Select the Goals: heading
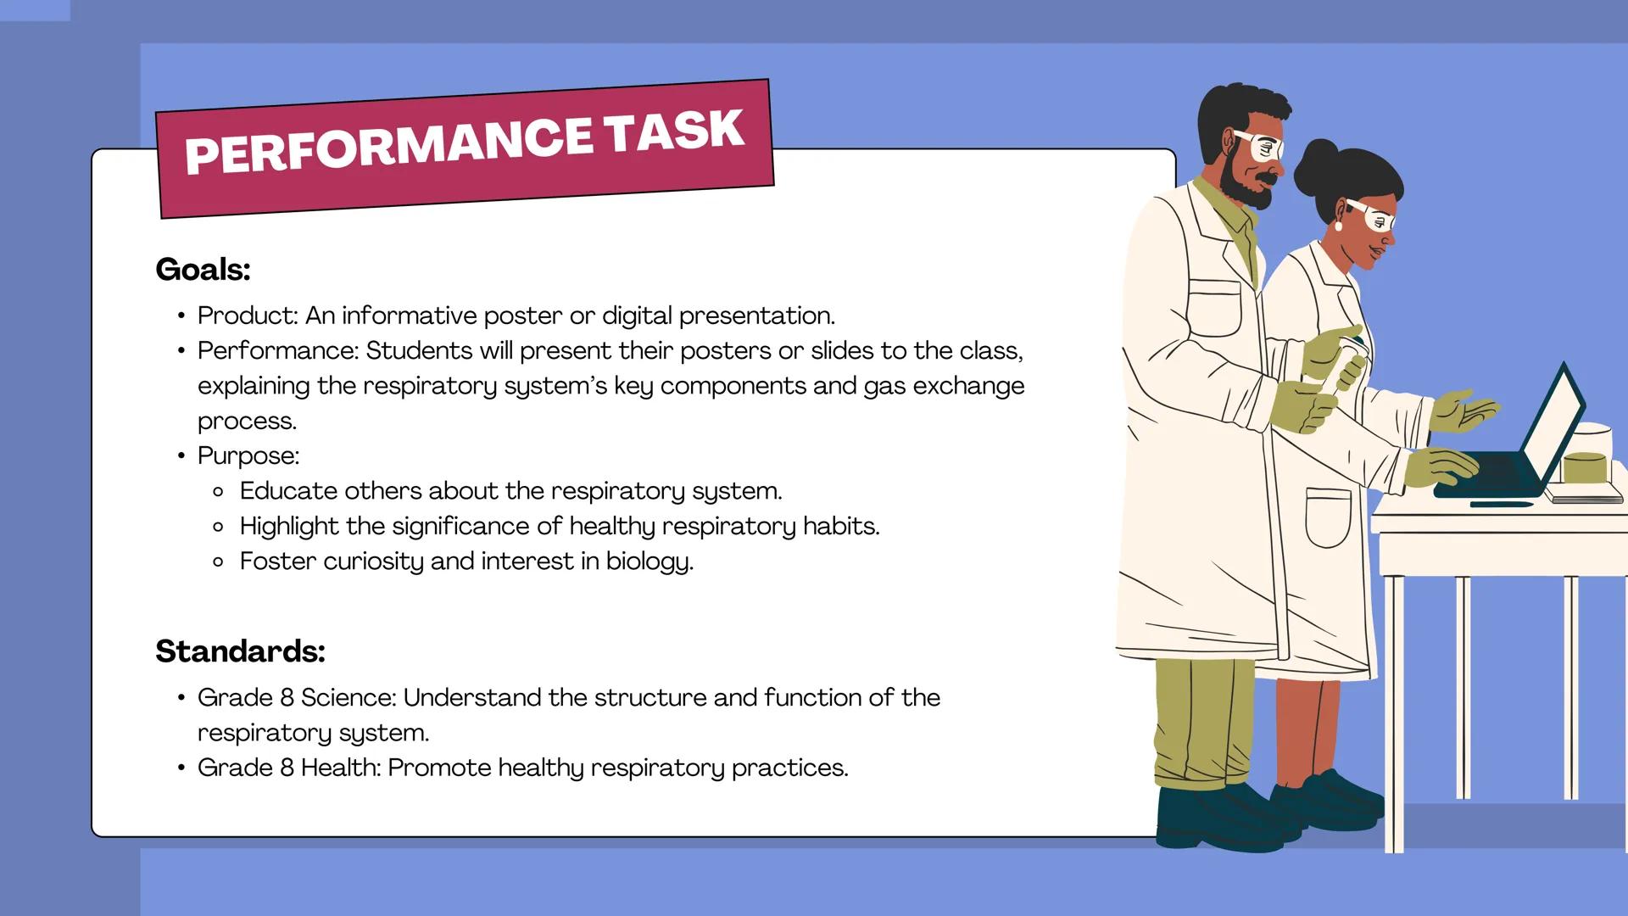click(203, 270)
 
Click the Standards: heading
click(241, 651)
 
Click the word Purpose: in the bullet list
click(248, 456)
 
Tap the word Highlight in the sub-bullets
click(289, 527)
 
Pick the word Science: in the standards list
click(348, 697)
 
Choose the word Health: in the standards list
click(341, 768)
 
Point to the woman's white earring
click(1340, 226)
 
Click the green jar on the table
click(1585, 467)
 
